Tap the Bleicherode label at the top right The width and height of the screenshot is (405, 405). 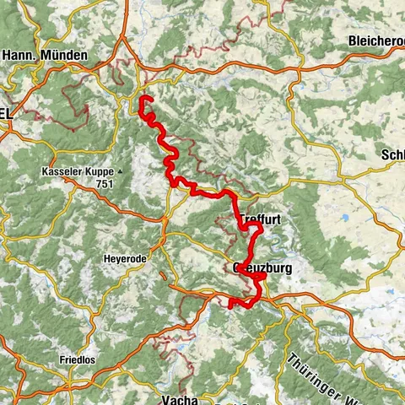coord(375,40)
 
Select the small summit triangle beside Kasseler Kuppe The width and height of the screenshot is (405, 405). coord(120,171)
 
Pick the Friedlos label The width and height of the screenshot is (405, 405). coord(78,359)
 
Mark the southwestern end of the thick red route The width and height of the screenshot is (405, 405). coord(230,305)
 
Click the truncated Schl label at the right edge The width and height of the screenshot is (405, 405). coord(392,155)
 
